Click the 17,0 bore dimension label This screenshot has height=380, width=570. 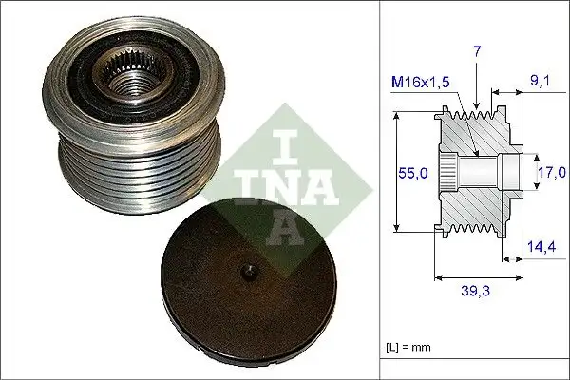[x=551, y=172]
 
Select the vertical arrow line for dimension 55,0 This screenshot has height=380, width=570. [x=395, y=172]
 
